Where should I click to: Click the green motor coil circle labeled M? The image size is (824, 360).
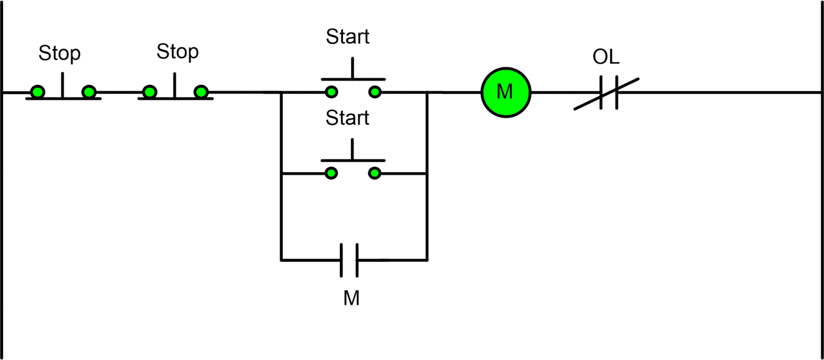[506, 92]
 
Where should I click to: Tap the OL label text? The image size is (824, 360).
[606, 57]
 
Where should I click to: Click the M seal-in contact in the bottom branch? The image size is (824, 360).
[349, 260]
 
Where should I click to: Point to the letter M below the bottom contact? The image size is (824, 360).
[351, 298]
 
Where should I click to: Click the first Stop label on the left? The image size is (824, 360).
[59, 53]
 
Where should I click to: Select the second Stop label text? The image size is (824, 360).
[177, 52]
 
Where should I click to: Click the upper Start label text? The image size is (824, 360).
[348, 37]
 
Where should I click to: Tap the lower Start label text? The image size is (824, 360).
[347, 118]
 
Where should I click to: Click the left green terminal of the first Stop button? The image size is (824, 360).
[37, 92]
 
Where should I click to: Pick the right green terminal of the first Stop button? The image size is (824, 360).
[89, 92]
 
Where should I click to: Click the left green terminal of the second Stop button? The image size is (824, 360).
[149, 92]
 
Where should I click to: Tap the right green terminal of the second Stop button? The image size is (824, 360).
[201, 92]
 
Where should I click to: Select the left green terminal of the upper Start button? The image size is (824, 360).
[332, 92]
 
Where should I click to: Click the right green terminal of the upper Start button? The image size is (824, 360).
[375, 92]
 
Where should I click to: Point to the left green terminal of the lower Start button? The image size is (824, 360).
[332, 173]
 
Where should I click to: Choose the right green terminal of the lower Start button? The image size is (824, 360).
[375, 173]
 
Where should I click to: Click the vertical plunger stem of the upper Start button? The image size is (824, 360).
[353, 68]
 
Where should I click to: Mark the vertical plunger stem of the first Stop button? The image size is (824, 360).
[63, 84]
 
